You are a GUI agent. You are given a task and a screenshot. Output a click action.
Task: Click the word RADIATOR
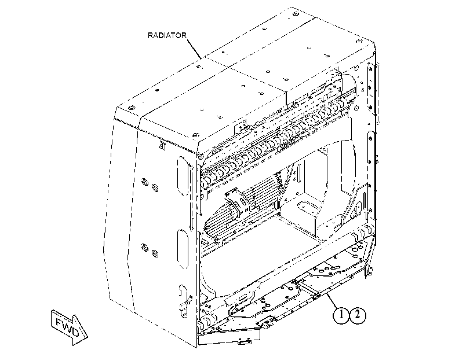pos(167,35)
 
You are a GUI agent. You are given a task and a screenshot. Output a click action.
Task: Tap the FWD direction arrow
pos(69,327)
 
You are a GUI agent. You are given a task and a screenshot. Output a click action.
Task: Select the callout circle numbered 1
pos(341,315)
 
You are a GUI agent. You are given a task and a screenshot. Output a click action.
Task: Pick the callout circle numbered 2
pos(358,315)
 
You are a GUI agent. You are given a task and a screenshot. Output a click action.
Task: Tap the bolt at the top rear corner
pos(295,14)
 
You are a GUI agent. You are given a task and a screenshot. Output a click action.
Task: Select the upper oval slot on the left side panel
pos(183,176)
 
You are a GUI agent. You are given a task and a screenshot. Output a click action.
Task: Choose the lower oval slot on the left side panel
pos(182,249)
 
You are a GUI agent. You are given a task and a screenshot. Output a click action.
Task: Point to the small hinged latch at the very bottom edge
pos(245,341)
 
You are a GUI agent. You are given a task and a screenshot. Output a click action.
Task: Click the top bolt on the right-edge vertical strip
pos(371,69)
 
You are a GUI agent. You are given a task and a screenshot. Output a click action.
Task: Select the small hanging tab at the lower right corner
pos(370,270)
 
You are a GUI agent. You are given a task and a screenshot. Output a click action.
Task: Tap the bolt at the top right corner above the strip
pos(359,41)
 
